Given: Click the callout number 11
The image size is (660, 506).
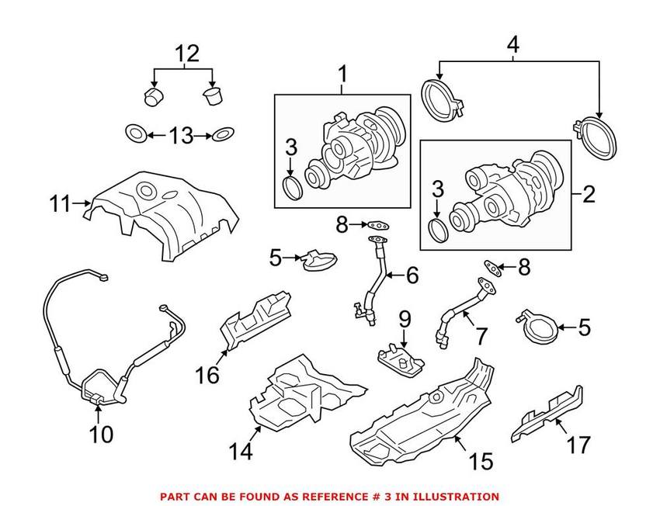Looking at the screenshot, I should click(59, 205).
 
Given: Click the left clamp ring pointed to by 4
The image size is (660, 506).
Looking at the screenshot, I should click(439, 99).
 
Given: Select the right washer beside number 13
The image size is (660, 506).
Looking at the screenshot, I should click(223, 135).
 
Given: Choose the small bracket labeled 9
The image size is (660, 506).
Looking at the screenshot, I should click(400, 361).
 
